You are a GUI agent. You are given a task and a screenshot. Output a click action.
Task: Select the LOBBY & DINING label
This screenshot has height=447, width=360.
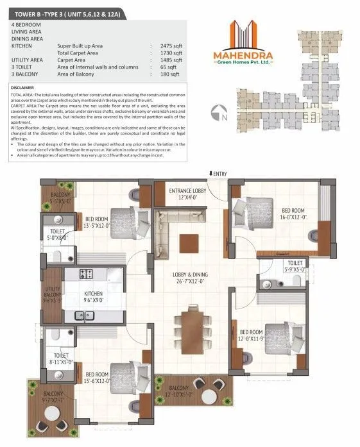tap(190, 277)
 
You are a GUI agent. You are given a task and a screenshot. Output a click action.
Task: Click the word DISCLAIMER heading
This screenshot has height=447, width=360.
tap(22, 87)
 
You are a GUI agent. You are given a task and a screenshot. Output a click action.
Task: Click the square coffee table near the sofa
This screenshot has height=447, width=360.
tap(189, 242)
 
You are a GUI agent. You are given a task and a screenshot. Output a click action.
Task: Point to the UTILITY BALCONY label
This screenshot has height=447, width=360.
tap(53, 294)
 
